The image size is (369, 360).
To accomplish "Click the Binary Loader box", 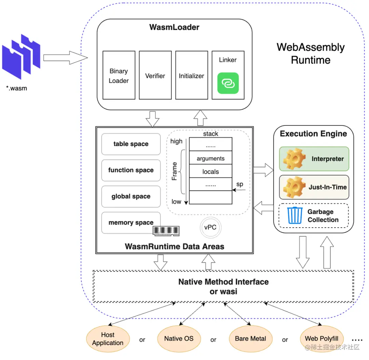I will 119,75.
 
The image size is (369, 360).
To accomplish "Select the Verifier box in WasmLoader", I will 155,75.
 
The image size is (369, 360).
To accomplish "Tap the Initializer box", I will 191,75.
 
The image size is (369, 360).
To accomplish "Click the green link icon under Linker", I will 228,83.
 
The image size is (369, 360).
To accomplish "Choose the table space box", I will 131,144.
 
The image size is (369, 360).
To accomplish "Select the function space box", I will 131,170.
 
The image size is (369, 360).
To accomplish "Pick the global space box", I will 131,197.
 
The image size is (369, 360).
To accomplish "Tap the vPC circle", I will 210,227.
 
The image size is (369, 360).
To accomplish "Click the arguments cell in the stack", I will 210,159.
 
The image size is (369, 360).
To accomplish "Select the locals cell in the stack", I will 210,172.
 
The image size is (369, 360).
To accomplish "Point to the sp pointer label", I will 240,184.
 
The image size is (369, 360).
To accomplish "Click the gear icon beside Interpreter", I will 295,159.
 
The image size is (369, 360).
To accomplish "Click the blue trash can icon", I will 295,215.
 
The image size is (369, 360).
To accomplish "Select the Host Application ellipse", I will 108,339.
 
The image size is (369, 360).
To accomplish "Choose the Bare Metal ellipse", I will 250,339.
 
